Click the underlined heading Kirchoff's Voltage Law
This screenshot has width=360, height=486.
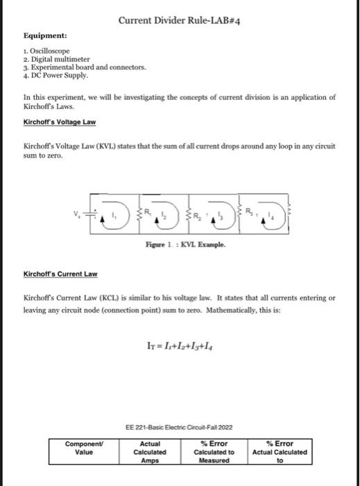tap(60, 122)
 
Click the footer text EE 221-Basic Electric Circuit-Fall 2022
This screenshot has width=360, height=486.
tap(180, 428)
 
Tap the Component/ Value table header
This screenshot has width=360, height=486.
tap(83, 447)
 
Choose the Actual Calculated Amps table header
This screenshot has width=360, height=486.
tap(150, 451)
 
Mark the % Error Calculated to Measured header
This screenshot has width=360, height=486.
tap(214, 451)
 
